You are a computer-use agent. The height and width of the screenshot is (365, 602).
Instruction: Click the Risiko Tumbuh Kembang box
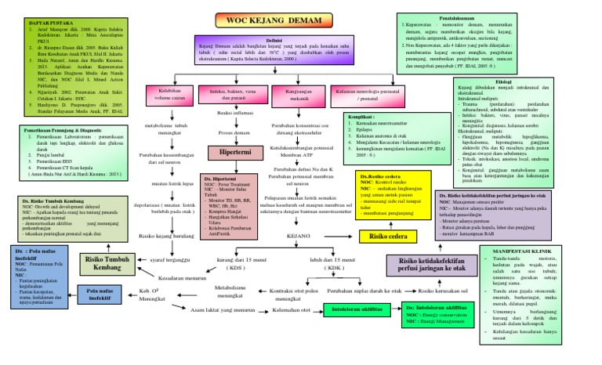click(x=108, y=262)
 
